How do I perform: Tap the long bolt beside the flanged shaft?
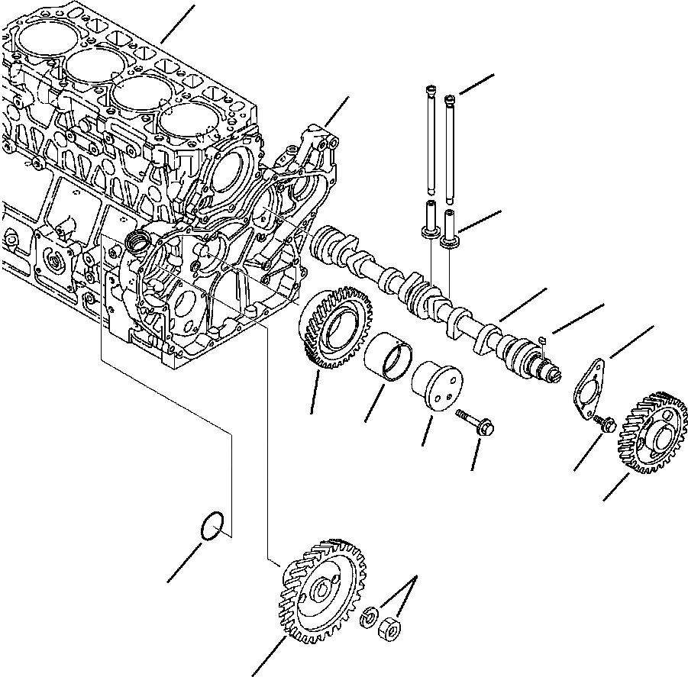[x=476, y=424]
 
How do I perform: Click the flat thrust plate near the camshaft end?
[x=588, y=387]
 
